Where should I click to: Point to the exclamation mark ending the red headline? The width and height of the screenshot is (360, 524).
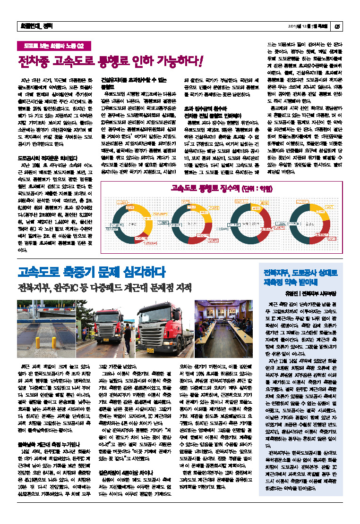coord(201,61)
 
